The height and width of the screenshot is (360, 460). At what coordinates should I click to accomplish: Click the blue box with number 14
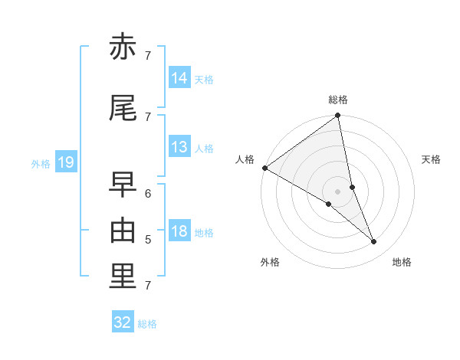click(x=179, y=78)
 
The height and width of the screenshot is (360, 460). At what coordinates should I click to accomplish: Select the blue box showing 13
click(x=179, y=147)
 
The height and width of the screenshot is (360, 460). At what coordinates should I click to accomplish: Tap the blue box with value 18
click(x=179, y=232)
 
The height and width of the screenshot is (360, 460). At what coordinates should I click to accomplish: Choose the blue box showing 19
click(x=65, y=162)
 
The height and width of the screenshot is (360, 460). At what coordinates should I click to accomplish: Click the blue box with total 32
click(x=123, y=322)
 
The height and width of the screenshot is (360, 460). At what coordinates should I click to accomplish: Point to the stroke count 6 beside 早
click(x=147, y=193)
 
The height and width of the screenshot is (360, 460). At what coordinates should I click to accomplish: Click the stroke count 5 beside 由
click(x=147, y=240)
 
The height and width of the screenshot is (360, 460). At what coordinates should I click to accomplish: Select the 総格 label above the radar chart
click(x=338, y=100)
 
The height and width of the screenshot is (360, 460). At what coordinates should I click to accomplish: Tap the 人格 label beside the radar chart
click(x=245, y=159)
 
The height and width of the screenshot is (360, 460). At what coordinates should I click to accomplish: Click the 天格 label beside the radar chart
click(x=432, y=159)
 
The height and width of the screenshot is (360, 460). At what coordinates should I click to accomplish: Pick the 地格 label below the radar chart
click(x=402, y=262)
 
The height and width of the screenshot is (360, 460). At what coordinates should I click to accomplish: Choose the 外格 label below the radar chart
click(x=270, y=262)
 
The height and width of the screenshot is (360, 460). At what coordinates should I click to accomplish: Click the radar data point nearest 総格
click(x=338, y=116)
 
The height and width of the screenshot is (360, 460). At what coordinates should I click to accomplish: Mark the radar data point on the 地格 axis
click(x=374, y=242)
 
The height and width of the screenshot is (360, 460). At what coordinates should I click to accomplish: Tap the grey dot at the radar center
click(x=338, y=191)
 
